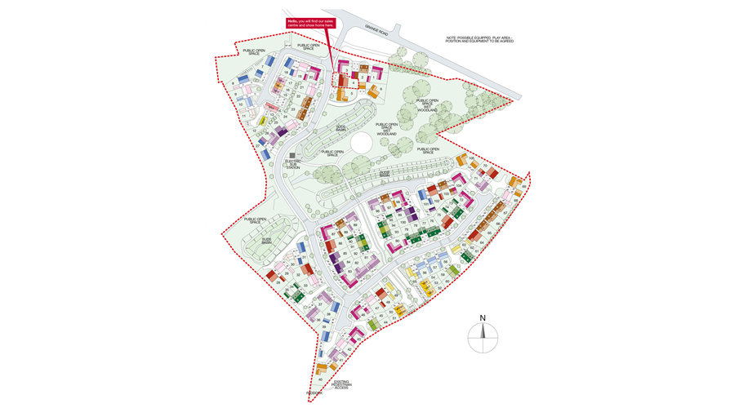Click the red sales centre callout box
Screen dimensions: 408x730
pos(310,24)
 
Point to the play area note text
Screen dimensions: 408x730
pos(479,39)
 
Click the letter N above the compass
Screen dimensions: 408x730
pos(483,318)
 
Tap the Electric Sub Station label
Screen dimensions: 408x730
pos(292,165)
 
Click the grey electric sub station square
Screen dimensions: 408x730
pos(292,155)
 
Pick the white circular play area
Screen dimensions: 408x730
pos(361,144)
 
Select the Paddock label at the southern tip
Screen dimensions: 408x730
pos(315,392)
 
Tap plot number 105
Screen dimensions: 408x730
pos(471,158)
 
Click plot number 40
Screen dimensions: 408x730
pos(321,379)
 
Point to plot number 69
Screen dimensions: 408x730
pos(523,187)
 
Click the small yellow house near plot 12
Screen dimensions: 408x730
pos(263,122)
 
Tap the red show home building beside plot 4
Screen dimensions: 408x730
pos(344,81)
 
